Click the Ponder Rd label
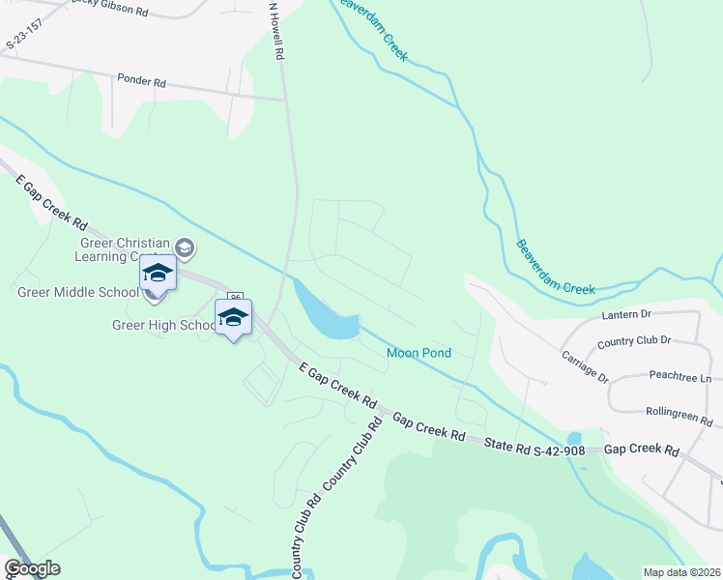click(141, 81)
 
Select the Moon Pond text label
click(419, 353)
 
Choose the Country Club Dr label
click(633, 342)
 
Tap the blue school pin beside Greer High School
click(233, 318)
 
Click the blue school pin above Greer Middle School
click(158, 273)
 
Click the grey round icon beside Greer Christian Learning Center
click(186, 249)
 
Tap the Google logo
click(32, 568)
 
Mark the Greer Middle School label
click(78, 292)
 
